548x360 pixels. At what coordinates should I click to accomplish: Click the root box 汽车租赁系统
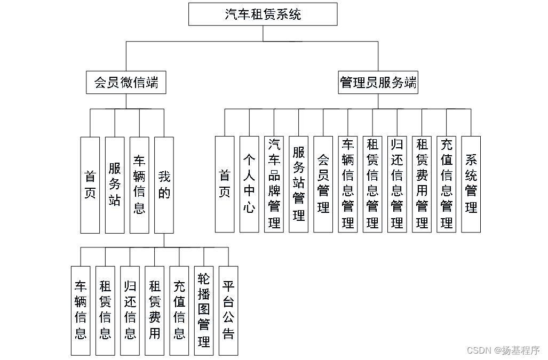(x=263, y=14)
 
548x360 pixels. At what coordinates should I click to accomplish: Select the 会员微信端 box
(x=126, y=83)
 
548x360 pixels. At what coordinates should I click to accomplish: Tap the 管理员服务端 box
(x=378, y=83)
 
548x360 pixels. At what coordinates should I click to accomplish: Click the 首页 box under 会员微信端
(x=90, y=185)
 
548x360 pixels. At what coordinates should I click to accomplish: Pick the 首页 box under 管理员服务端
(x=225, y=184)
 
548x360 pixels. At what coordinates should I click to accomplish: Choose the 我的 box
(x=164, y=185)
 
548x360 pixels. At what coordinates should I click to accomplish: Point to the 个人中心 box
(x=249, y=184)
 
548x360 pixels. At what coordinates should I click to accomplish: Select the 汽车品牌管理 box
(x=274, y=184)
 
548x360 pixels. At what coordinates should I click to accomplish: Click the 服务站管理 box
(x=298, y=184)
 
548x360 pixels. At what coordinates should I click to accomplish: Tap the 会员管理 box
(x=323, y=184)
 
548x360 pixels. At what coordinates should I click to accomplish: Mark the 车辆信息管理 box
(x=347, y=184)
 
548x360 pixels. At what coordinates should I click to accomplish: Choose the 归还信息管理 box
(x=397, y=184)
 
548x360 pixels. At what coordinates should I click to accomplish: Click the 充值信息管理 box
(x=446, y=184)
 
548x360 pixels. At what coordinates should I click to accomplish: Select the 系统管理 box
(x=471, y=184)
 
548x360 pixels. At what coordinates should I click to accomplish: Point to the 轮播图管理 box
(x=203, y=310)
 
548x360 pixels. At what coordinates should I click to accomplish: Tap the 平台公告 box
(x=228, y=310)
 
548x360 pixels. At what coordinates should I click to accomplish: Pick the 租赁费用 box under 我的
(x=154, y=310)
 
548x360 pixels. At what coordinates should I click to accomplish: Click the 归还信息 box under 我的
(x=130, y=310)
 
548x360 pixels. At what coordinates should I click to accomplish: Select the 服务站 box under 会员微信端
(x=115, y=185)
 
